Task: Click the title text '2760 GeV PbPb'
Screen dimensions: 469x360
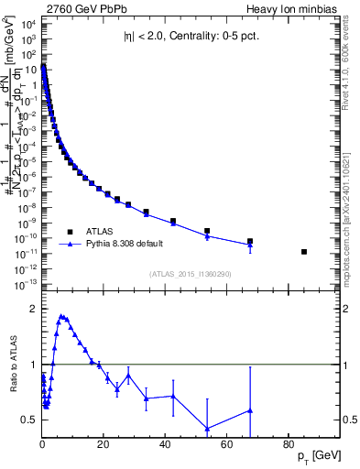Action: [79, 8]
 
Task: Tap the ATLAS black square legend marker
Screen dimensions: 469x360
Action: [71, 230]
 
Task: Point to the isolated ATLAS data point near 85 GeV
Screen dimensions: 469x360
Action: [303, 251]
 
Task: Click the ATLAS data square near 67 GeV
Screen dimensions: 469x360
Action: [249, 241]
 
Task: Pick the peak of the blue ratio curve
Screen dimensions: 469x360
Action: [61, 316]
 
